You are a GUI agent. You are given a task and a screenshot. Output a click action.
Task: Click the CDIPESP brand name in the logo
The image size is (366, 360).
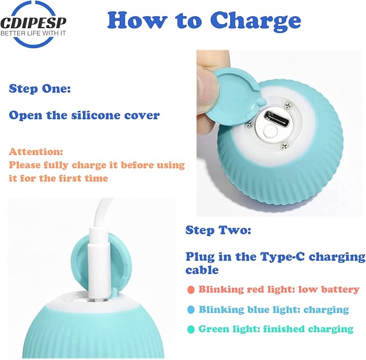[33, 23]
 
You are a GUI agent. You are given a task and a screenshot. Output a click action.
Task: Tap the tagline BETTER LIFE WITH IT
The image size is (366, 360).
[33, 33]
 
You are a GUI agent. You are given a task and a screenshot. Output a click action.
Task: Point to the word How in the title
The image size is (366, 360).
[137, 20]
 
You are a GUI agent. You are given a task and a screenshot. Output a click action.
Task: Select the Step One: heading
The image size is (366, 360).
[40, 89]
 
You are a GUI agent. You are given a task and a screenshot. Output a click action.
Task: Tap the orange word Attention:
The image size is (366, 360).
[36, 152]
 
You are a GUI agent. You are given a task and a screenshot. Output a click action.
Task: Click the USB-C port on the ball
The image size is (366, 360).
[277, 118]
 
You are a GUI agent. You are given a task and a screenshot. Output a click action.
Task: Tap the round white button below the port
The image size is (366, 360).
[270, 132]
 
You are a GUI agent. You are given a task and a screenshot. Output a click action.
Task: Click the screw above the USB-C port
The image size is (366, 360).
[288, 105]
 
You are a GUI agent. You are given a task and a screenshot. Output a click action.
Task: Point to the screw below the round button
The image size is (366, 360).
[284, 147]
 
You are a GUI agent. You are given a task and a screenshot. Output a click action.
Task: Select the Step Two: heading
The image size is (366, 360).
[218, 230]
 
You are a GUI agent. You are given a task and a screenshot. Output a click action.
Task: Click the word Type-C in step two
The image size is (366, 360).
[282, 257]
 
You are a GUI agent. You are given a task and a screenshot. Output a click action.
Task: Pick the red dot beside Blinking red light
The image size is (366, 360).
[191, 290]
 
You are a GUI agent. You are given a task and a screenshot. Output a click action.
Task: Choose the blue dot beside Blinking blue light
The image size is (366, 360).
[191, 310]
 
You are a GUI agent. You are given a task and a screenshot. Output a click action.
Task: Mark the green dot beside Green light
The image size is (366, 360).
[191, 330]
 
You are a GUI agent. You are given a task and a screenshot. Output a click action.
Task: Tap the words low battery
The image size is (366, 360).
[329, 289]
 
